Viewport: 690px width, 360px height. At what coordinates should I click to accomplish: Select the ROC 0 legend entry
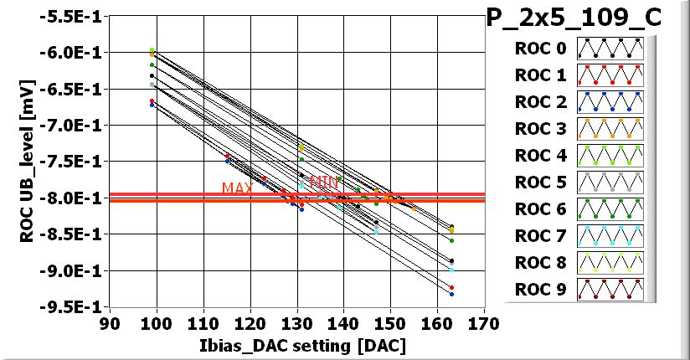[540, 49]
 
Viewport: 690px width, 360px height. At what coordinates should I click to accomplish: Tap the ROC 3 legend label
[540, 129]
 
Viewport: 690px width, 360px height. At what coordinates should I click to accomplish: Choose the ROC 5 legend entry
[540, 183]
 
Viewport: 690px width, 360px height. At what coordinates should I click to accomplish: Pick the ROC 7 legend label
[540, 236]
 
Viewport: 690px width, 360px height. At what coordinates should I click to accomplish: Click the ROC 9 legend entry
[540, 290]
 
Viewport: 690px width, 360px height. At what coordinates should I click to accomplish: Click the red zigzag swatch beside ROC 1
[610, 75]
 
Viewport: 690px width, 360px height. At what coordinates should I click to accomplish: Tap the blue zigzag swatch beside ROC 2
[610, 102]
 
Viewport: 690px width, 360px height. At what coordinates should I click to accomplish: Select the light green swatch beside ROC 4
[610, 156]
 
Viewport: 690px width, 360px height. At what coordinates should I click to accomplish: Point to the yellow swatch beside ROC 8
[610, 263]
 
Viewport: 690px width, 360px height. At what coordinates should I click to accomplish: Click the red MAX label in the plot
[238, 188]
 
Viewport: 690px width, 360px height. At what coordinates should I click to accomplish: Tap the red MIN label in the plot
[324, 182]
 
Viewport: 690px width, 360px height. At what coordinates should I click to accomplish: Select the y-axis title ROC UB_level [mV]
[27, 162]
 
